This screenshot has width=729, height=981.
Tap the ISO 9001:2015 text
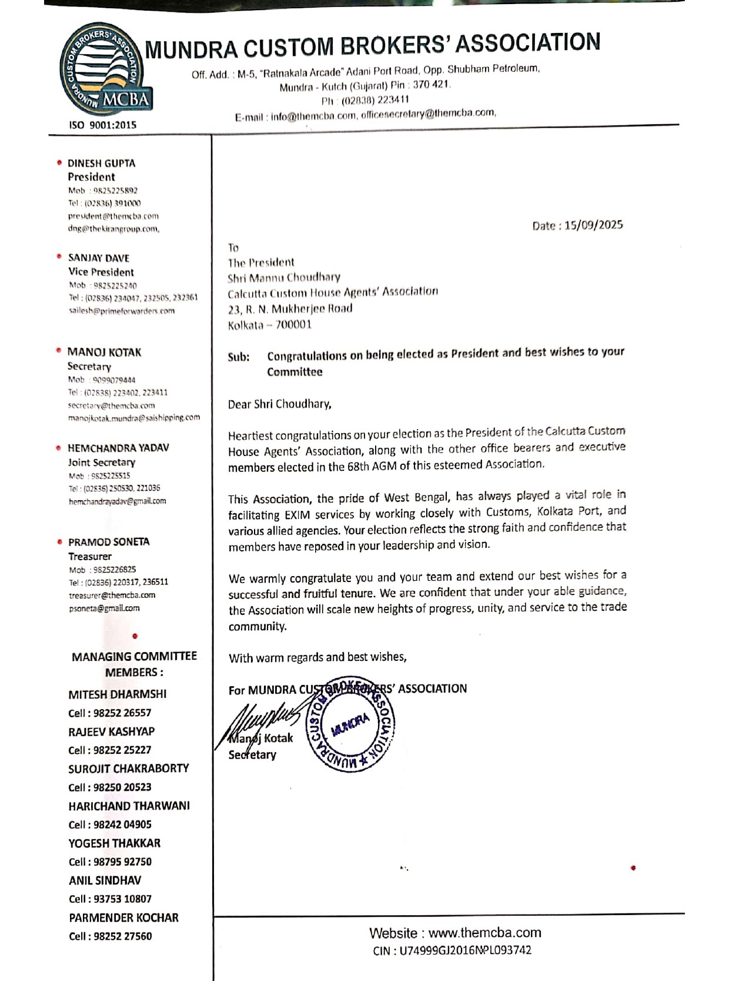(x=103, y=125)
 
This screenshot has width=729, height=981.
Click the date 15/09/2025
(x=593, y=225)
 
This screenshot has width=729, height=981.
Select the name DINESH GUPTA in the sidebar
(x=101, y=164)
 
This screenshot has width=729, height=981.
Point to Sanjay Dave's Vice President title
(x=101, y=272)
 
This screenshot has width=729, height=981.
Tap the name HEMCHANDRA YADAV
(x=118, y=448)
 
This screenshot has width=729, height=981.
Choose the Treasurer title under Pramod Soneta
(x=89, y=556)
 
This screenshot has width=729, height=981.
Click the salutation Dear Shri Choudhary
(x=279, y=404)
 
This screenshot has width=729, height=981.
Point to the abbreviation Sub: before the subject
(x=238, y=357)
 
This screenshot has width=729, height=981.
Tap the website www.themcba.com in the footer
(x=484, y=933)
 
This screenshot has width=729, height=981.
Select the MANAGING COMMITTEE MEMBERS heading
(x=134, y=664)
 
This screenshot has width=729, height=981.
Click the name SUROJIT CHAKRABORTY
(x=128, y=769)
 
